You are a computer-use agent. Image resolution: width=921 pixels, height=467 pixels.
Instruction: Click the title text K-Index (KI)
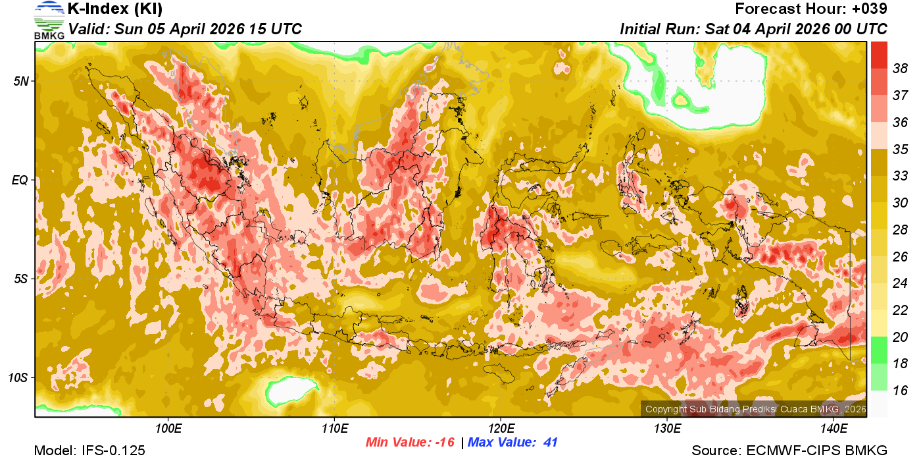(x=115, y=9)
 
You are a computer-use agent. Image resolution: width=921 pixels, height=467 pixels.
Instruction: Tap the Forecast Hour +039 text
(x=811, y=9)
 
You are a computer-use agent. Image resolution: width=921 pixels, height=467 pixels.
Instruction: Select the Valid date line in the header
(x=185, y=29)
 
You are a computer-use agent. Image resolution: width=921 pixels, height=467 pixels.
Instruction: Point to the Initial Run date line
(x=753, y=29)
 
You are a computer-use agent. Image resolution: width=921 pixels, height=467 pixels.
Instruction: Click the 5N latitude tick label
(x=21, y=81)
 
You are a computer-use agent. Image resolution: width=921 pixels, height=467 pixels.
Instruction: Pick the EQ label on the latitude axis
(x=21, y=180)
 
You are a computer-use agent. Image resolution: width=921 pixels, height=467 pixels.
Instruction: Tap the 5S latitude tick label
(x=21, y=279)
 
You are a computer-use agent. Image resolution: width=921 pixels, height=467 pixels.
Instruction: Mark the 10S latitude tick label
(x=18, y=377)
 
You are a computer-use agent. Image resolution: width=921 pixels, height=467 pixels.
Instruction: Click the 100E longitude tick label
(x=168, y=429)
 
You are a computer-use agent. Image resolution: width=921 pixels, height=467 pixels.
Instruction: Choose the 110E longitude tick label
(x=334, y=429)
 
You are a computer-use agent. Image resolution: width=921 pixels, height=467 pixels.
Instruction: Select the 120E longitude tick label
(x=501, y=429)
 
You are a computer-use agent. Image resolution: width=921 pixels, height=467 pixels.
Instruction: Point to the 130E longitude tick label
(x=667, y=429)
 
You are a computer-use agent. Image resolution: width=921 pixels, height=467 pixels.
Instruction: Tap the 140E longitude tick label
(x=834, y=429)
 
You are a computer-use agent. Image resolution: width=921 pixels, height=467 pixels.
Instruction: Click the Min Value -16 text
(x=410, y=443)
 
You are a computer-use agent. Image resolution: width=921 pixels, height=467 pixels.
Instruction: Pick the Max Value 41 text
(x=512, y=443)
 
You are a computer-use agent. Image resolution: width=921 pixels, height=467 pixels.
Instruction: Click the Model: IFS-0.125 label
(x=89, y=451)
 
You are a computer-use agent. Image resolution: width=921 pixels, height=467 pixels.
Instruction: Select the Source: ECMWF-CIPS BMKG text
(x=789, y=451)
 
